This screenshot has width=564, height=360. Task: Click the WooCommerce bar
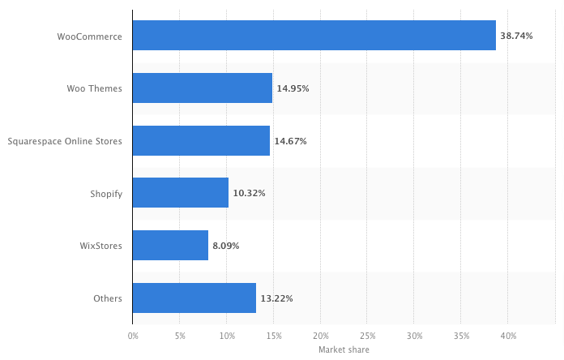pos(314,36)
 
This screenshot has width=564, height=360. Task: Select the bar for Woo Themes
pos(202,88)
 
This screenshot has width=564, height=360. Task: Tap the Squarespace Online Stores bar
pos(201,140)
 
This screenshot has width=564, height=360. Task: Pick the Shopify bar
pos(180,193)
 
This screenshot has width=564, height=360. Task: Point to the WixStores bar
pos(170,245)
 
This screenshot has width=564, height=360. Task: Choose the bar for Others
pos(194,298)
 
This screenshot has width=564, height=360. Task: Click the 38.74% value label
pos(516,36)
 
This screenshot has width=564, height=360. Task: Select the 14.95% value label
pos(293,88)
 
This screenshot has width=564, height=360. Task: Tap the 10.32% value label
pos(249,193)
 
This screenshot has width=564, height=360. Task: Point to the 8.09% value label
pos(225,245)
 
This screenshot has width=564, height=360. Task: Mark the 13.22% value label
pos(276,298)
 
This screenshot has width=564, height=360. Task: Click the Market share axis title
pos(344,349)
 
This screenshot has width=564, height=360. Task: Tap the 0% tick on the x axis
pos(133,335)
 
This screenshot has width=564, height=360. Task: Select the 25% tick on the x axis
pos(367,335)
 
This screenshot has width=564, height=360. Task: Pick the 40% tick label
pos(508,335)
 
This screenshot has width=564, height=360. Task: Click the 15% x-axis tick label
pos(273,335)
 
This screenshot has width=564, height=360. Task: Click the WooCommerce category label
pos(90,36)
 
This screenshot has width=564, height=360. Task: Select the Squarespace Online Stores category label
pos(65,140)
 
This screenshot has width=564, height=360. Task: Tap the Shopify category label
pos(106,193)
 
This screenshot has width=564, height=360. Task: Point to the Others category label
pos(108,298)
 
